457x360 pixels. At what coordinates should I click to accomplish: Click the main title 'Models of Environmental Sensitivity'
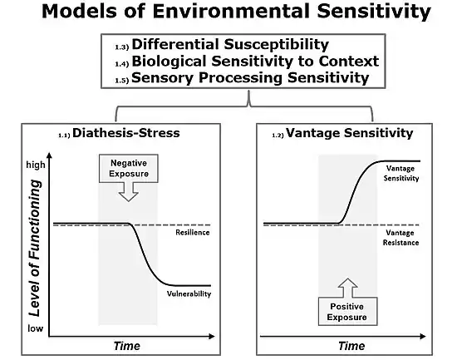pyautogui.click(x=236, y=12)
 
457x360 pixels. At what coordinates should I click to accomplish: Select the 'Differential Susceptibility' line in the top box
pyautogui.click(x=230, y=45)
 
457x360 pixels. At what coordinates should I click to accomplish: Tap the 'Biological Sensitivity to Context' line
pyautogui.click(x=255, y=62)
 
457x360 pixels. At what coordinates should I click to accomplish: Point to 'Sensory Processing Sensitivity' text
pyautogui.click(x=250, y=78)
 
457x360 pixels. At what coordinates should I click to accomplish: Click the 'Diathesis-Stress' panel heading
pyautogui.click(x=126, y=133)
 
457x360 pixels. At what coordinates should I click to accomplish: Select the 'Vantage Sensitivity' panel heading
pyautogui.click(x=350, y=133)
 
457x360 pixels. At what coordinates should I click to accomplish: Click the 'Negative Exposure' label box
pyautogui.click(x=129, y=169)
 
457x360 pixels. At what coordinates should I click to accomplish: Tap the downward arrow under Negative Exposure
pyautogui.click(x=129, y=192)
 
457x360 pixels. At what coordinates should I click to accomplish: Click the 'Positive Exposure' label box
pyautogui.click(x=347, y=311)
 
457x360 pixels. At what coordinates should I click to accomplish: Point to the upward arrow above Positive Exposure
pyautogui.click(x=347, y=288)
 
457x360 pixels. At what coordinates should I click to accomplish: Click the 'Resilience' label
pyautogui.click(x=193, y=233)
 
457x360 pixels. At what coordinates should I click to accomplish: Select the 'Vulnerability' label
pyautogui.click(x=189, y=293)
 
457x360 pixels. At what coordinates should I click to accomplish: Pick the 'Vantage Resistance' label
pyautogui.click(x=400, y=238)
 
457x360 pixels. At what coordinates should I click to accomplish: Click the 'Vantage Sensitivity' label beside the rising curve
pyautogui.click(x=401, y=173)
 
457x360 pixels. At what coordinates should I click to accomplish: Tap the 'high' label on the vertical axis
pyautogui.click(x=36, y=165)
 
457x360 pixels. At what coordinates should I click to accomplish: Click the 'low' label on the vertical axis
pyautogui.click(x=35, y=328)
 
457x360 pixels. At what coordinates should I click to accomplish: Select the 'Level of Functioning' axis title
pyautogui.click(x=35, y=249)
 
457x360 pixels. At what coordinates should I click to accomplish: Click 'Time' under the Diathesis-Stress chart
pyautogui.click(x=127, y=346)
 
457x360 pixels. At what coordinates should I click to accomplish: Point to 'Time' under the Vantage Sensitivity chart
pyautogui.click(x=351, y=346)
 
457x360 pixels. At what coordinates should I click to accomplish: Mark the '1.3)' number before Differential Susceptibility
pyautogui.click(x=122, y=47)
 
